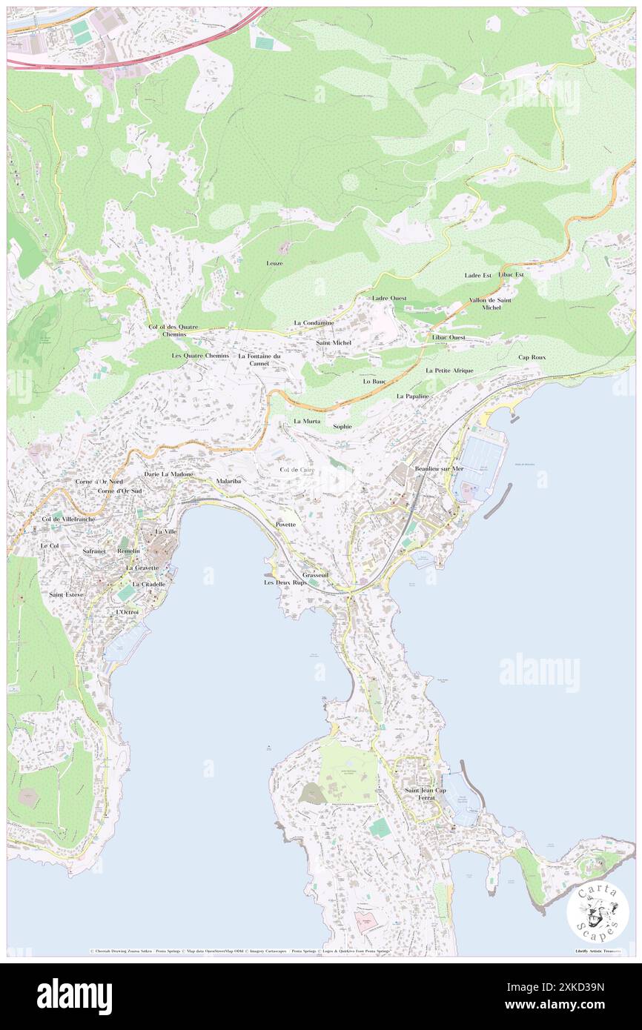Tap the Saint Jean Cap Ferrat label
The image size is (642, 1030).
coord(426,794)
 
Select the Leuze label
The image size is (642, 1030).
coord(274,263)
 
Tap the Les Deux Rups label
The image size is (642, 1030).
coord(285,583)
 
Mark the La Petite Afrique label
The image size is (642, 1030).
coord(449,370)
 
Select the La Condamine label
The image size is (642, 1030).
coord(314,323)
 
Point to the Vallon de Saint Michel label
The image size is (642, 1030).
coord(490,304)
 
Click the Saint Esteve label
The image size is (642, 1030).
coord(67,594)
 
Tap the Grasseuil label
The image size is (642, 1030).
coord(315,575)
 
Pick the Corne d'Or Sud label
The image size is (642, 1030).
coord(119,491)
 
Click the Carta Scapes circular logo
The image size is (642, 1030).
coord(598,912)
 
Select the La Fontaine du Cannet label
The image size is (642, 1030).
coord(259,359)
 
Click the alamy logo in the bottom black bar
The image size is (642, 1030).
coord(74,996)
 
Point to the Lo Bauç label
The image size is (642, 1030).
coord(374,381)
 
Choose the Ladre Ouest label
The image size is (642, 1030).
coord(389,298)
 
